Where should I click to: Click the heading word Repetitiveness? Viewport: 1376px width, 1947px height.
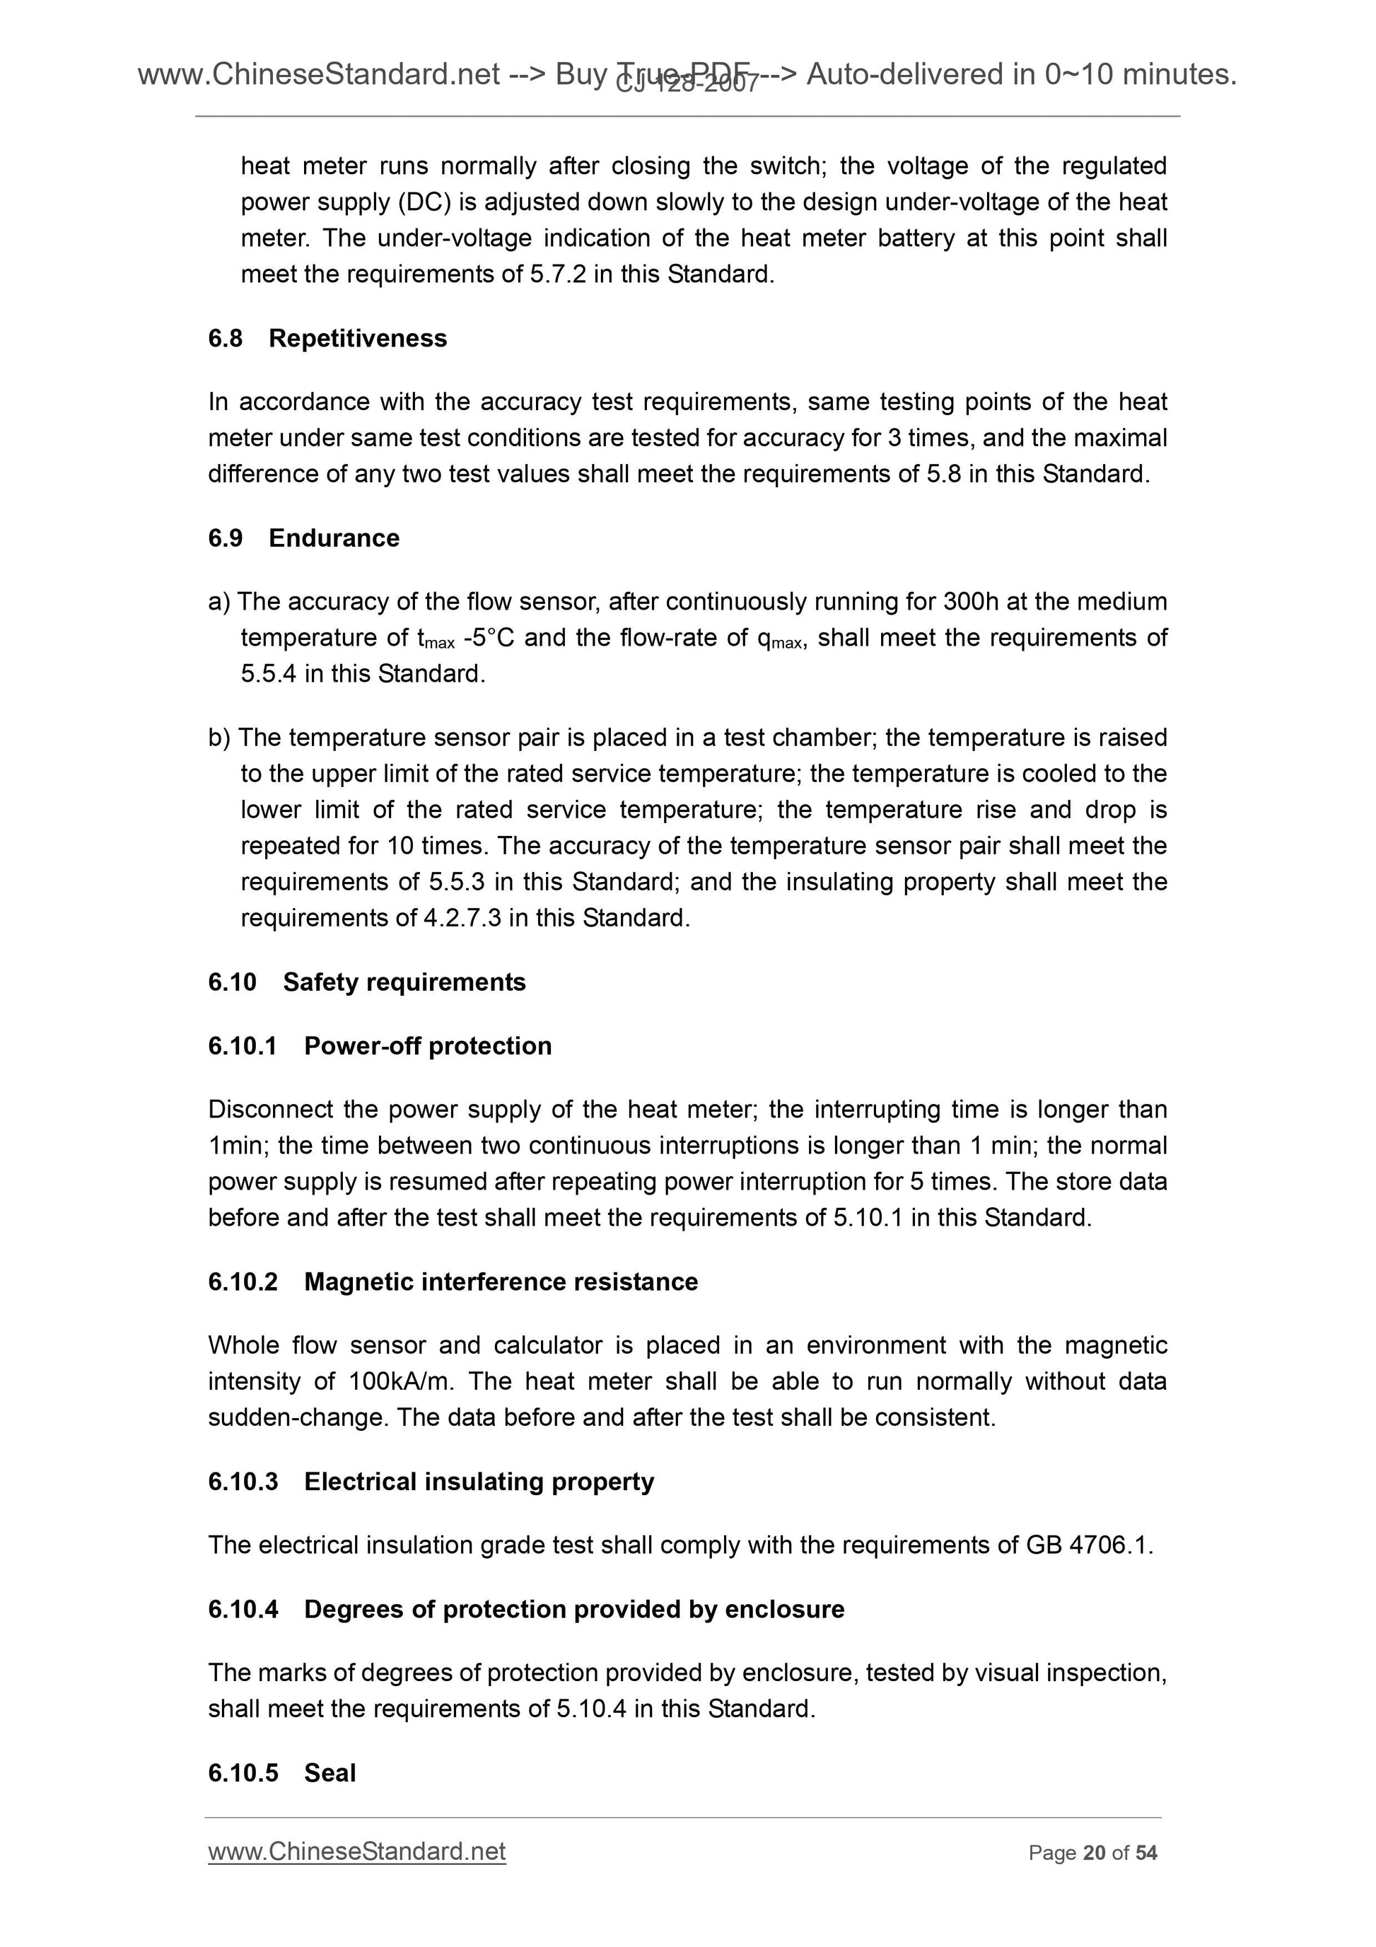click(357, 338)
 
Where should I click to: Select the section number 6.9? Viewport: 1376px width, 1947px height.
click(225, 537)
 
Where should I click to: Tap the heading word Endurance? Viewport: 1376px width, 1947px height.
click(333, 537)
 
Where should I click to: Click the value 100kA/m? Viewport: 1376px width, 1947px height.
click(401, 1381)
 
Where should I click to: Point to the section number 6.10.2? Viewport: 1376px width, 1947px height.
click(243, 1281)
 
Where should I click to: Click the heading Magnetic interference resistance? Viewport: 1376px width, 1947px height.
click(500, 1281)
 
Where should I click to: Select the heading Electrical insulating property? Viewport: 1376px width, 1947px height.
click(479, 1482)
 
